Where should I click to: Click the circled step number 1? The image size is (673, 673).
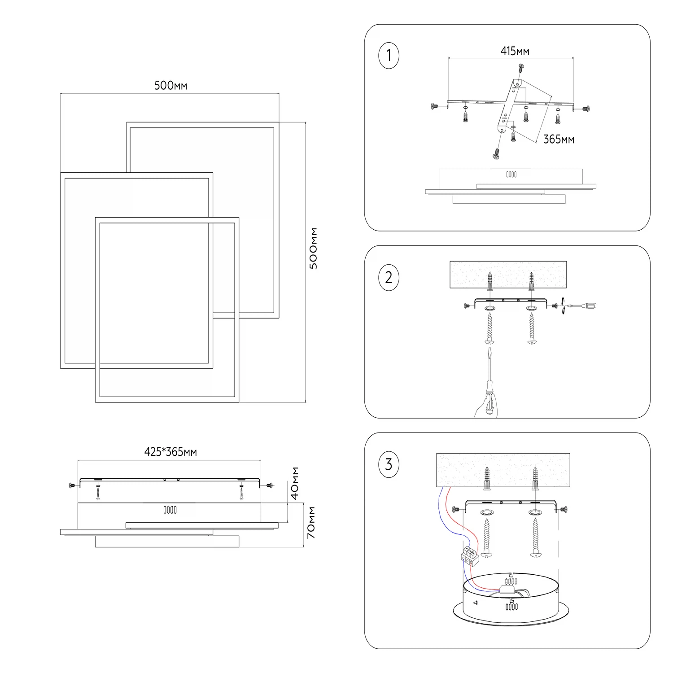[389, 56]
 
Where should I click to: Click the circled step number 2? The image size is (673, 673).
[389, 277]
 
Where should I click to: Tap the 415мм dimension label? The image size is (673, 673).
[515, 51]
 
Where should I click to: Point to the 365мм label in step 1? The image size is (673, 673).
[558, 140]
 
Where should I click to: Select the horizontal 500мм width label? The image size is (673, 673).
[170, 85]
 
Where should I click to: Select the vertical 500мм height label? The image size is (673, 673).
[314, 248]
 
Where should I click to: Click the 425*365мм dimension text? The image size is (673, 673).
[170, 452]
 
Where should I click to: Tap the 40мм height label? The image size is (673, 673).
[295, 483]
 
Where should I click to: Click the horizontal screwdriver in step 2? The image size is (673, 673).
[581, 306]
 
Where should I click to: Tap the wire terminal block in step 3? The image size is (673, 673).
[469, 555]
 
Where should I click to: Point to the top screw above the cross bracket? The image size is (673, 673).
[521, 68]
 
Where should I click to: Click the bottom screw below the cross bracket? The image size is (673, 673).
[496, 153]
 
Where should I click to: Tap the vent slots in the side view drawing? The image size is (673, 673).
[170, 510]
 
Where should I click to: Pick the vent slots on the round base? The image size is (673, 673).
[511, 607]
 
